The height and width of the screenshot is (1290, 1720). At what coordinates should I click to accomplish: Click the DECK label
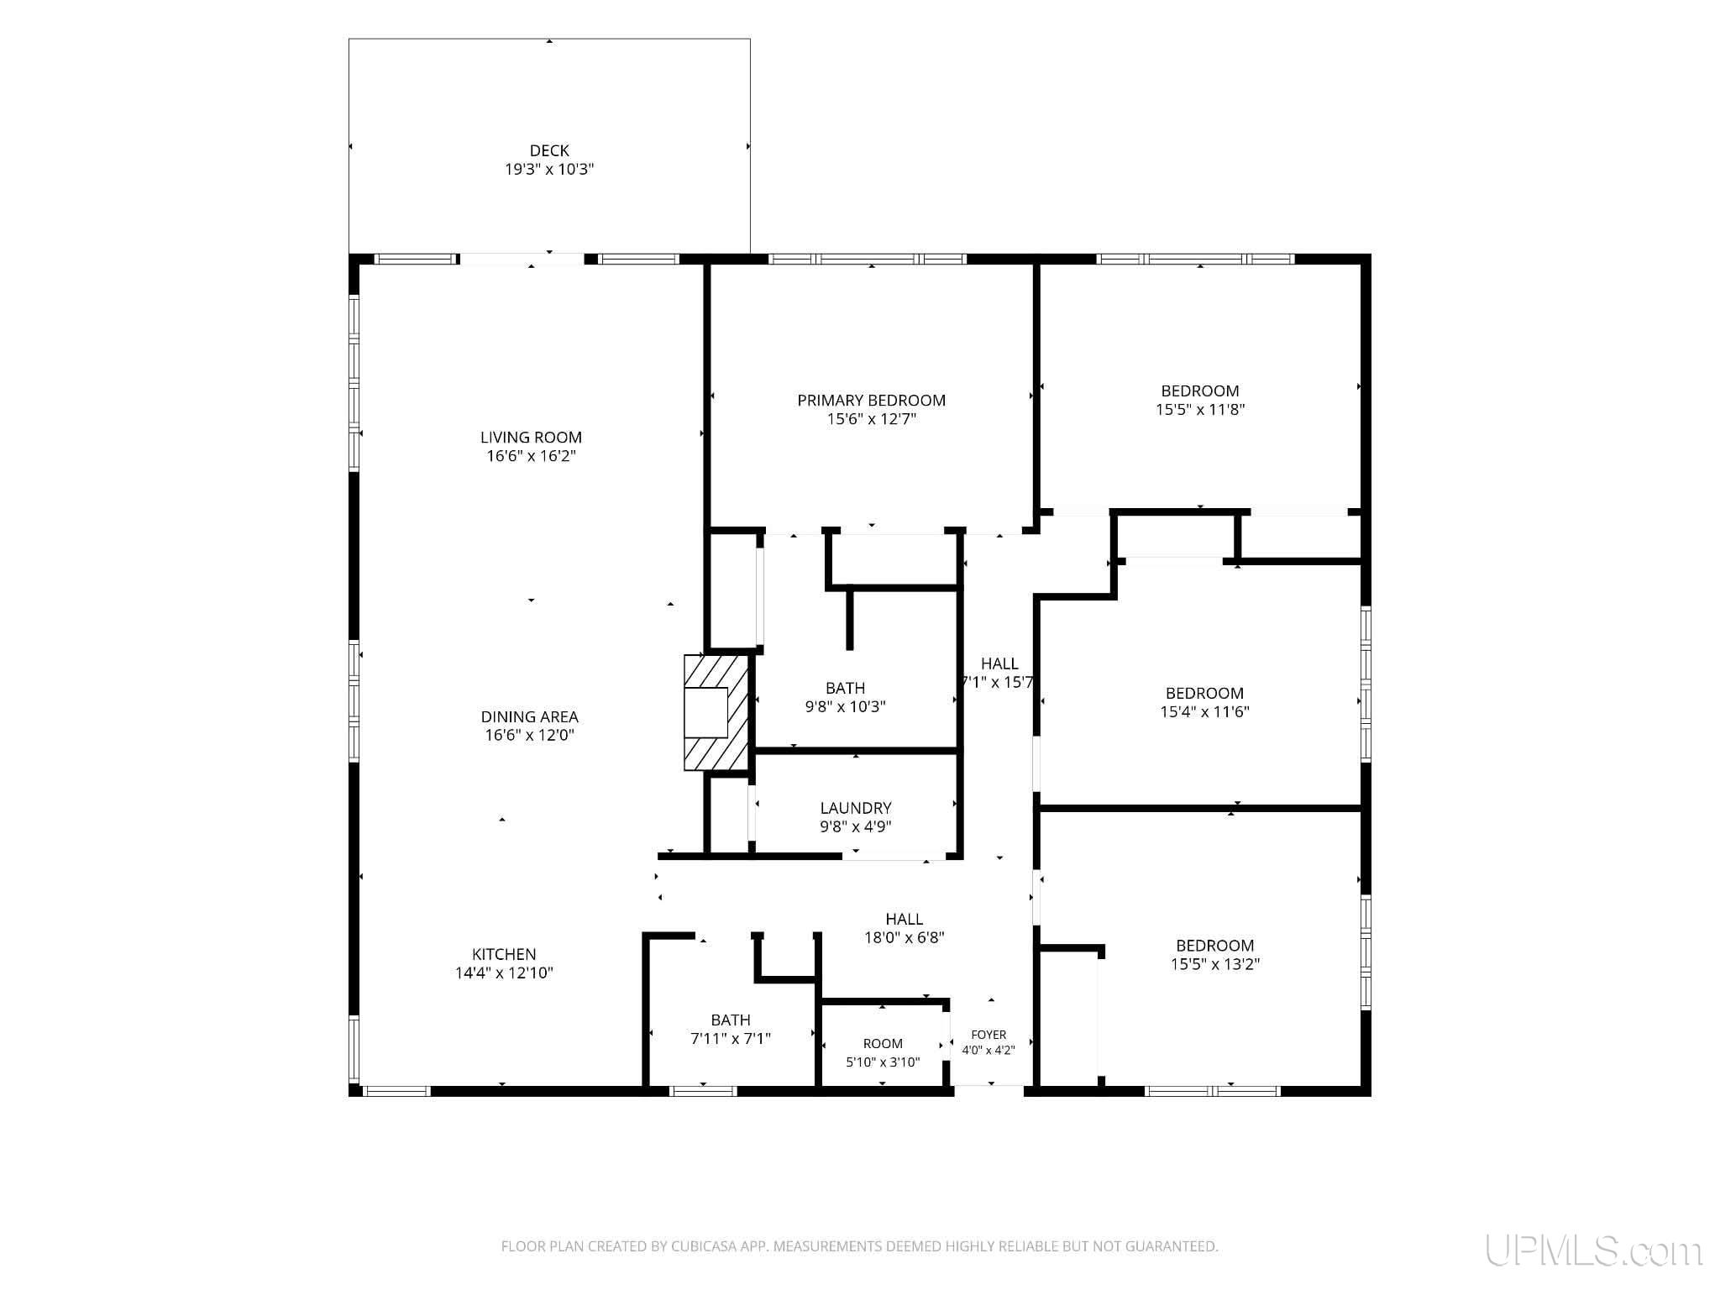[x=549, y=150]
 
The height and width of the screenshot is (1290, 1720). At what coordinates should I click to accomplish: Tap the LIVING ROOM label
[x=531, y=437]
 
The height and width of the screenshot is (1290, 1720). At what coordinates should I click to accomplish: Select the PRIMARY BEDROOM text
[x=872, y=400]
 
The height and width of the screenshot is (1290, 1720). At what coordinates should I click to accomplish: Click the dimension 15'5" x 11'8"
[x=1200, y=409]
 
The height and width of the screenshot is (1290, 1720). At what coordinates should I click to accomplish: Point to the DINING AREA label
[x=529, y=716]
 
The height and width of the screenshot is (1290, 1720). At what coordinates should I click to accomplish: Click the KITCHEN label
[x=504, y=954]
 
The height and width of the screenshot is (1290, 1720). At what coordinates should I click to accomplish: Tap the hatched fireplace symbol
[x=716, y=712]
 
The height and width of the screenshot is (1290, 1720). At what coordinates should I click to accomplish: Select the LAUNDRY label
[x=856, y=808]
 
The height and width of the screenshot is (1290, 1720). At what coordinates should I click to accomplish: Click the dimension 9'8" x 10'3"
[x=845, y=706]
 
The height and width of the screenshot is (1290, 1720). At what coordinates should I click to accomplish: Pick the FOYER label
[x=988, y=1035]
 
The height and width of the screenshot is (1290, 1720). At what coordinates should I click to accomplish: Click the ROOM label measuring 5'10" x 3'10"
[x=883, y=1043]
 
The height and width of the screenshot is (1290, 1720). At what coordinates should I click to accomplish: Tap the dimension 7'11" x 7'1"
[x=731, y=1038]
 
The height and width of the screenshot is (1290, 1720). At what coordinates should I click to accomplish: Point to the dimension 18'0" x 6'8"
[x=905, y=937]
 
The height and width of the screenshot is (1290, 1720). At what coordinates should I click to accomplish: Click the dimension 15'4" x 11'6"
[x=1204, y=711]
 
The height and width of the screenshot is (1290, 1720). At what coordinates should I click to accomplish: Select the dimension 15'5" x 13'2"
[x=1215, y=963]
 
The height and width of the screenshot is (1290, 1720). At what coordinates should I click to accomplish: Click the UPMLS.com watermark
[x=1593, y=1250]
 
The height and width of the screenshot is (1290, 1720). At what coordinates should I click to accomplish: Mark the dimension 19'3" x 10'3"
[x=549, y=169]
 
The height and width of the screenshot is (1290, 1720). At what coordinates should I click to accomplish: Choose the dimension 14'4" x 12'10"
[x=504, y=973]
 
